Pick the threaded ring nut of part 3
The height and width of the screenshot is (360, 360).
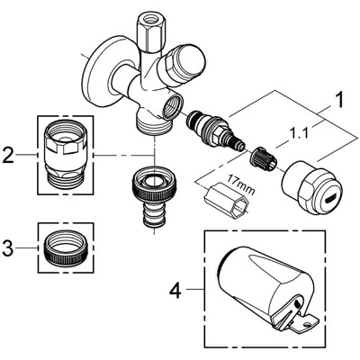[64, 243]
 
